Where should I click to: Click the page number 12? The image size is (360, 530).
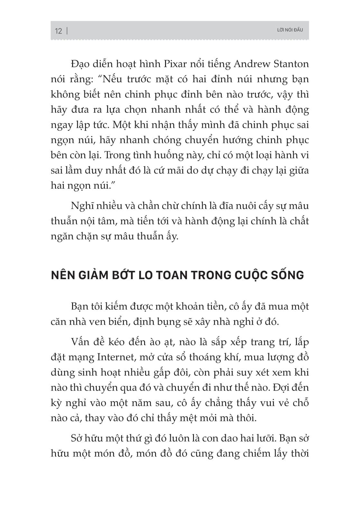(58, 31)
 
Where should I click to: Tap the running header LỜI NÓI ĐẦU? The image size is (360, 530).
(290, 30)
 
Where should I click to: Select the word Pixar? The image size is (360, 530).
(176, 64)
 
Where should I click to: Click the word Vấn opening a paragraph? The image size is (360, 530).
(80, 342)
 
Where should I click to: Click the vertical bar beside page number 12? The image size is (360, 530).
(67, 31)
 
